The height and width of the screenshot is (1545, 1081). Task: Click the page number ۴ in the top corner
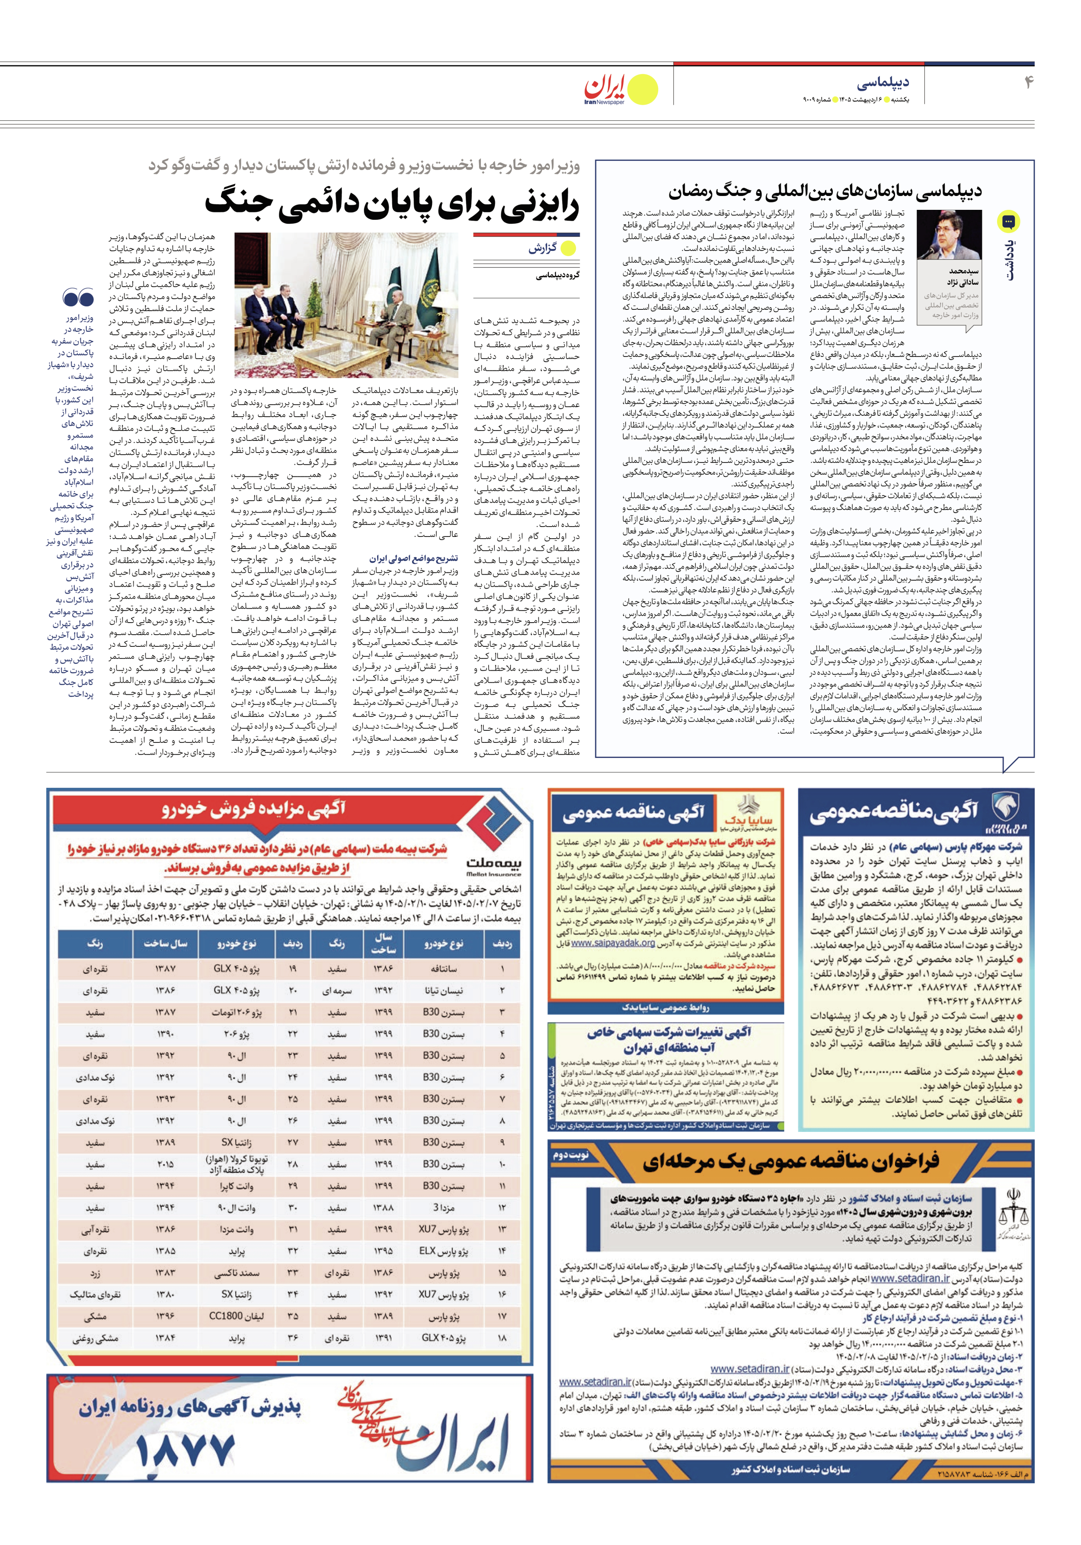pos(1027,82)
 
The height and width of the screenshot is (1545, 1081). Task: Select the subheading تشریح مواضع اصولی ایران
pos(413,559)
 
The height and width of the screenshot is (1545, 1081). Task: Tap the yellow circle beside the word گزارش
pos(569,247)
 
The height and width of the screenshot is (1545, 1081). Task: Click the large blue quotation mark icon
pos(78,297)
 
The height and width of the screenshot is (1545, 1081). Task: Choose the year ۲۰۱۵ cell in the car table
pos(165,1164)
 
